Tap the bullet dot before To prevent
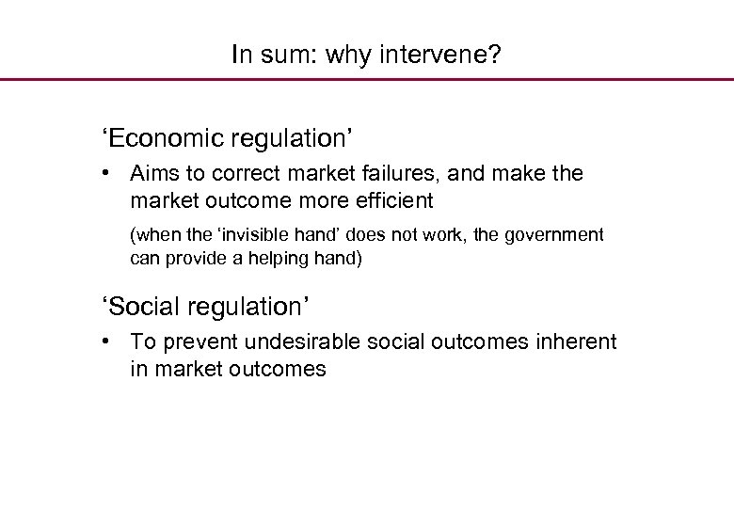(x=110, y=341)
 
